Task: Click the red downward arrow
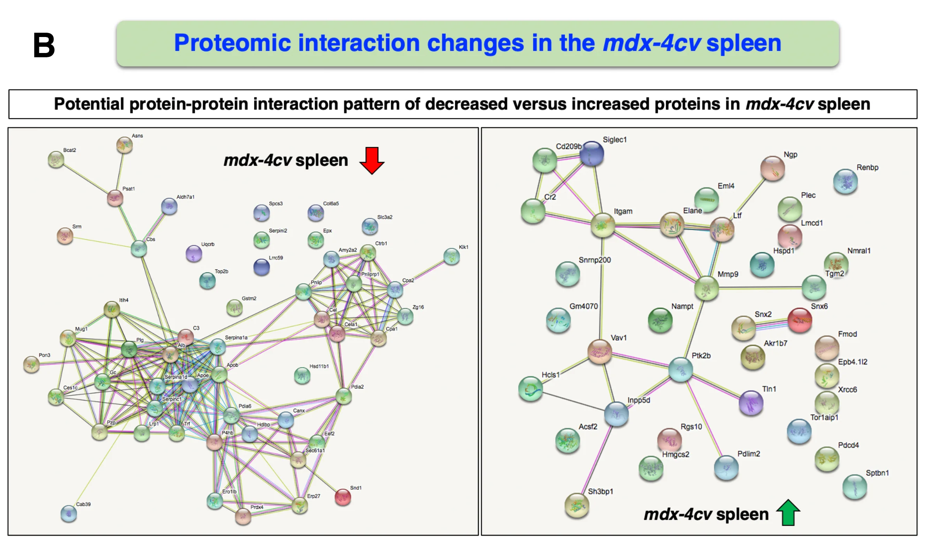(x=372, y=160)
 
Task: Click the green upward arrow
(x=788, y=512)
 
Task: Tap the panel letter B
(x=44, y=45)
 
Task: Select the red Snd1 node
(x=343, y=497)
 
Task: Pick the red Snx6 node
(x=800, y=320)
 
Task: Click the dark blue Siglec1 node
(x=592, y=153)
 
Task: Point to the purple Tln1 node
(x=750, y=403)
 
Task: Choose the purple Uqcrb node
(x=194, y=254)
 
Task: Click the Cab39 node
(x=69, y=513)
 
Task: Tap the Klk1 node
(x=452, y=257)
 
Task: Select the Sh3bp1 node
(x=577, y=505)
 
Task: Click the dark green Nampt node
(x=660, y=320)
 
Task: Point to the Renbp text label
(x=867, y=168)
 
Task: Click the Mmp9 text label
(x=727, y=274)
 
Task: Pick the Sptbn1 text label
(x=877, y=473)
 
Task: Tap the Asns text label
(x=137, y=136)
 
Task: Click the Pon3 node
(x=31, y=364)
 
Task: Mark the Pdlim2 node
(x=726, y=467)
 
